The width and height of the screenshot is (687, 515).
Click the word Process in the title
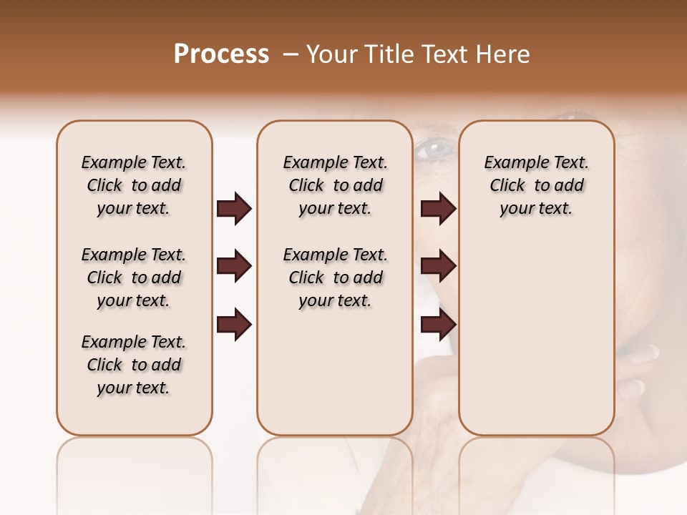pyautogui.click(x=221, y=54)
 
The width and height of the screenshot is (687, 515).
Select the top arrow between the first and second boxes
pyautogui.click(x=234, y=209)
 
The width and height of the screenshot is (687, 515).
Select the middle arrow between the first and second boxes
pyautogui.click(x=234, y=267)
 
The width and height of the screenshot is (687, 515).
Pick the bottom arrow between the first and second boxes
pyautogui.click(x=234, y=325)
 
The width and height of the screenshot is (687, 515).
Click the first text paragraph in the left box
pyautogui.click(x=134, y=185)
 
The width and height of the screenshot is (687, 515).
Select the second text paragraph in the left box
pyautogui.click(x=134, y=278)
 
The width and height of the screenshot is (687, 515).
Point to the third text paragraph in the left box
pyautogui.click(x=134, y=365)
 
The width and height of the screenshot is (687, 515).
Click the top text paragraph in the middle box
pyautogui.click(x=336, y=185)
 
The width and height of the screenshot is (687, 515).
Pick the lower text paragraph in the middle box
pyautogui.click(x=336, y=278)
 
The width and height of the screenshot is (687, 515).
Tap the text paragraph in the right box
pyautogui.click(x=537, y=185)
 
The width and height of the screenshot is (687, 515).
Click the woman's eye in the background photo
pyautogui.click(x=435, y=149)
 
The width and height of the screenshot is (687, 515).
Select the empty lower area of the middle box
pyautogui.click(x=335, y=372)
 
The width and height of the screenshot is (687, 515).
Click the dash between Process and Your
pyautogui.click(x=290, y=54)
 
